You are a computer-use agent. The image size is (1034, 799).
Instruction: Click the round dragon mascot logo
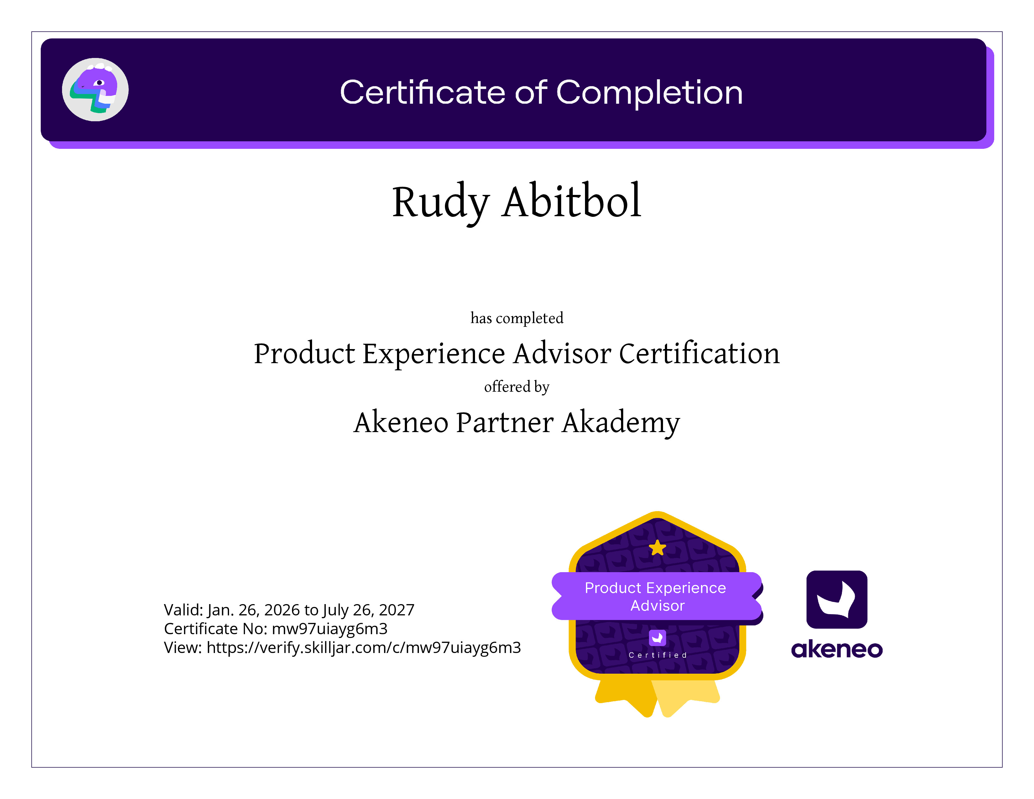95,90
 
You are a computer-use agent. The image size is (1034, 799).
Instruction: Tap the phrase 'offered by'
516,387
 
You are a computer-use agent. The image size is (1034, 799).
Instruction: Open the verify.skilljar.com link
363,648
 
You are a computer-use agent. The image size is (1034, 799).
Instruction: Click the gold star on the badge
658,548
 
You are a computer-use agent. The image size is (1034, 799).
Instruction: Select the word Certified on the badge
658,655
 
